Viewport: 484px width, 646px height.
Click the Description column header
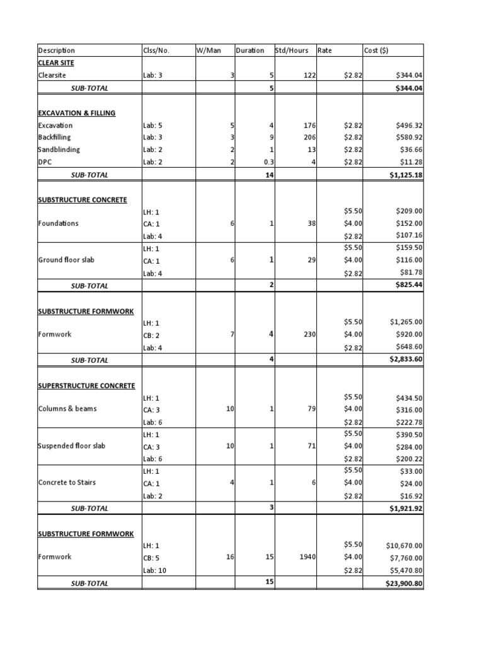pyautogui.click(x=57, y=50)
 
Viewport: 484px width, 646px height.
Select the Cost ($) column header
pyautogui.click(x=377, y=50)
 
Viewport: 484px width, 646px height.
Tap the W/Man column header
pyautogui.click(x=209, y=50)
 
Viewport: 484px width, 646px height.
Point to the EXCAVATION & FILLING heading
pyautogui.click(x=76, y=113)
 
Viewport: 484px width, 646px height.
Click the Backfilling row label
pyautogui.click(x=54, y=137)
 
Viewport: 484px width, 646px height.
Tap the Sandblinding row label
pyautogui.click(x=59, y=150)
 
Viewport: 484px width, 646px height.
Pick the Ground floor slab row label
pyautogui.click(x=67, y=260)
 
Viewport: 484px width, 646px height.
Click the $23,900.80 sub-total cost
pyautogui.click(x=403, y=584)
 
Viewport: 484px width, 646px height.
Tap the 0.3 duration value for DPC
pyautogui.click(x=265, y=162)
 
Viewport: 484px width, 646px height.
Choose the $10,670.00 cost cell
pyautogui.click(x=403, y=545)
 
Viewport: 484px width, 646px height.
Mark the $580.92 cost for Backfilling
pyautogui.click(x=409, y=137)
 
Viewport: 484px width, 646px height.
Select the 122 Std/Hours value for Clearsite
pyautogui.click(x=309, y=75)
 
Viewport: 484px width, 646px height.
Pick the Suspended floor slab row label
pyautogui.click(x=71, y=446)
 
